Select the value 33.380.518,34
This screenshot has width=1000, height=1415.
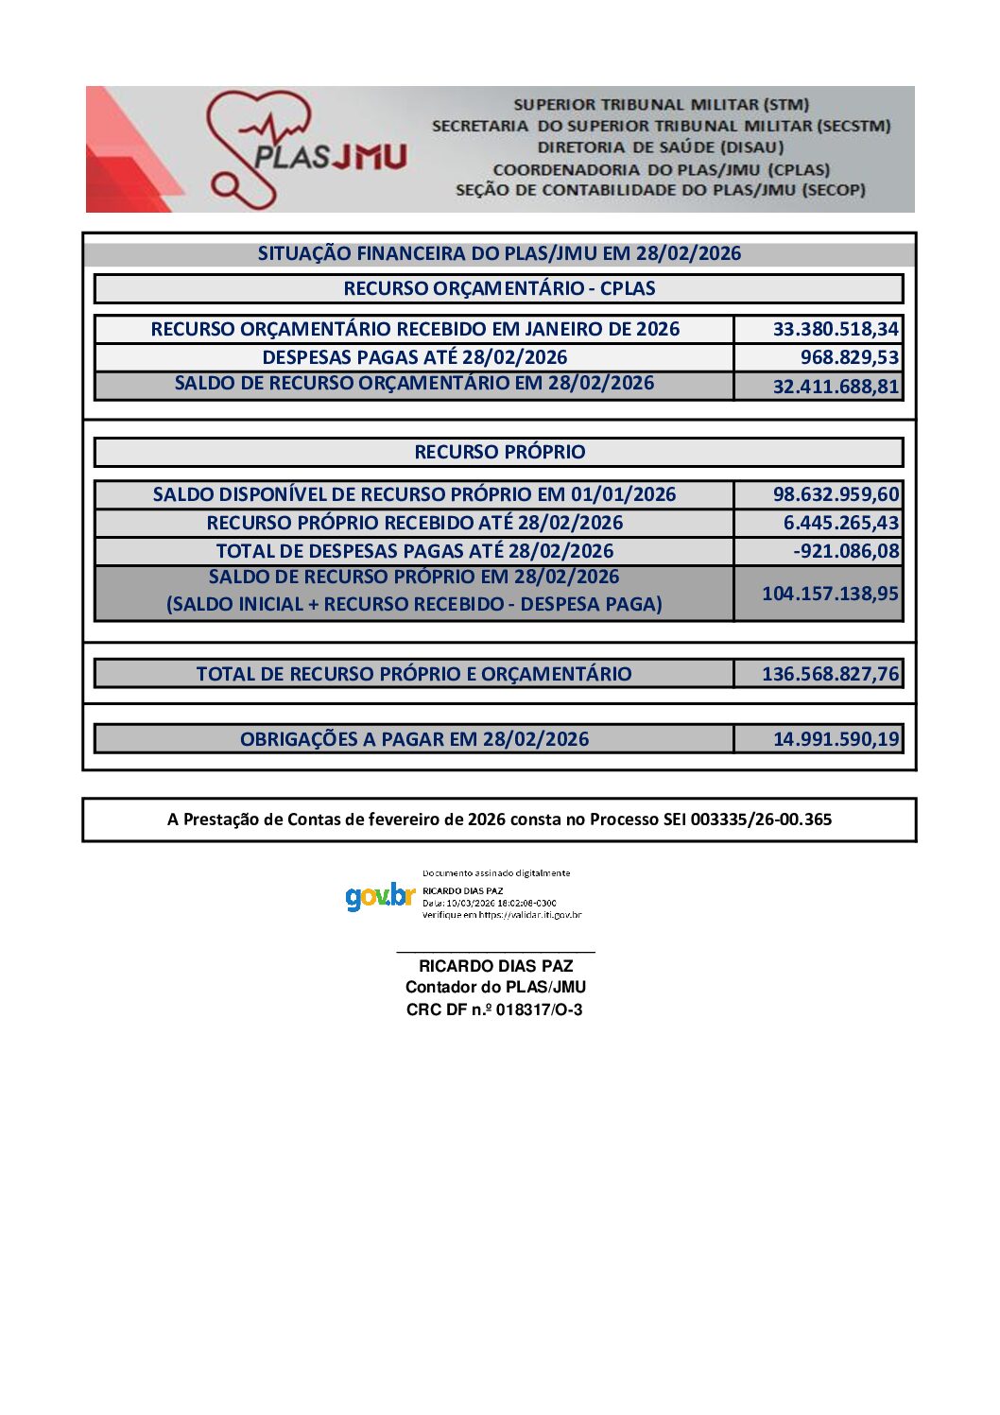836,329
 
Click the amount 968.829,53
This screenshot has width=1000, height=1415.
849,357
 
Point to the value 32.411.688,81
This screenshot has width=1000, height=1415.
836,386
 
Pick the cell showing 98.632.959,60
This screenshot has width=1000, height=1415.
836,494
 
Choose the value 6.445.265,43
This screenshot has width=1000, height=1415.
840,523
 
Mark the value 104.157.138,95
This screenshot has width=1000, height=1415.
830,594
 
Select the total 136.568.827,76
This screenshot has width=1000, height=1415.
830,674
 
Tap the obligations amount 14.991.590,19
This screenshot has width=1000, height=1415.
836,739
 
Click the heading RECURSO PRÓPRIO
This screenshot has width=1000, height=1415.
499,452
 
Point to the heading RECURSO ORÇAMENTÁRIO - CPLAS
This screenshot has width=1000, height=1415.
499,288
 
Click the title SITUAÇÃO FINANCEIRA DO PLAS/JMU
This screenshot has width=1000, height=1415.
499,253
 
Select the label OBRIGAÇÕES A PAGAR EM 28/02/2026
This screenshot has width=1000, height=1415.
414,739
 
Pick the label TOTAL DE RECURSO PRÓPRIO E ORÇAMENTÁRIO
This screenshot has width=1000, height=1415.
414,674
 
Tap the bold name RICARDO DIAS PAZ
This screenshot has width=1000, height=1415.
495,966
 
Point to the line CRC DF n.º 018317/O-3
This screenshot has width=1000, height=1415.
494,1009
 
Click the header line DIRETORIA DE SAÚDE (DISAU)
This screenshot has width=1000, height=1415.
661,147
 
